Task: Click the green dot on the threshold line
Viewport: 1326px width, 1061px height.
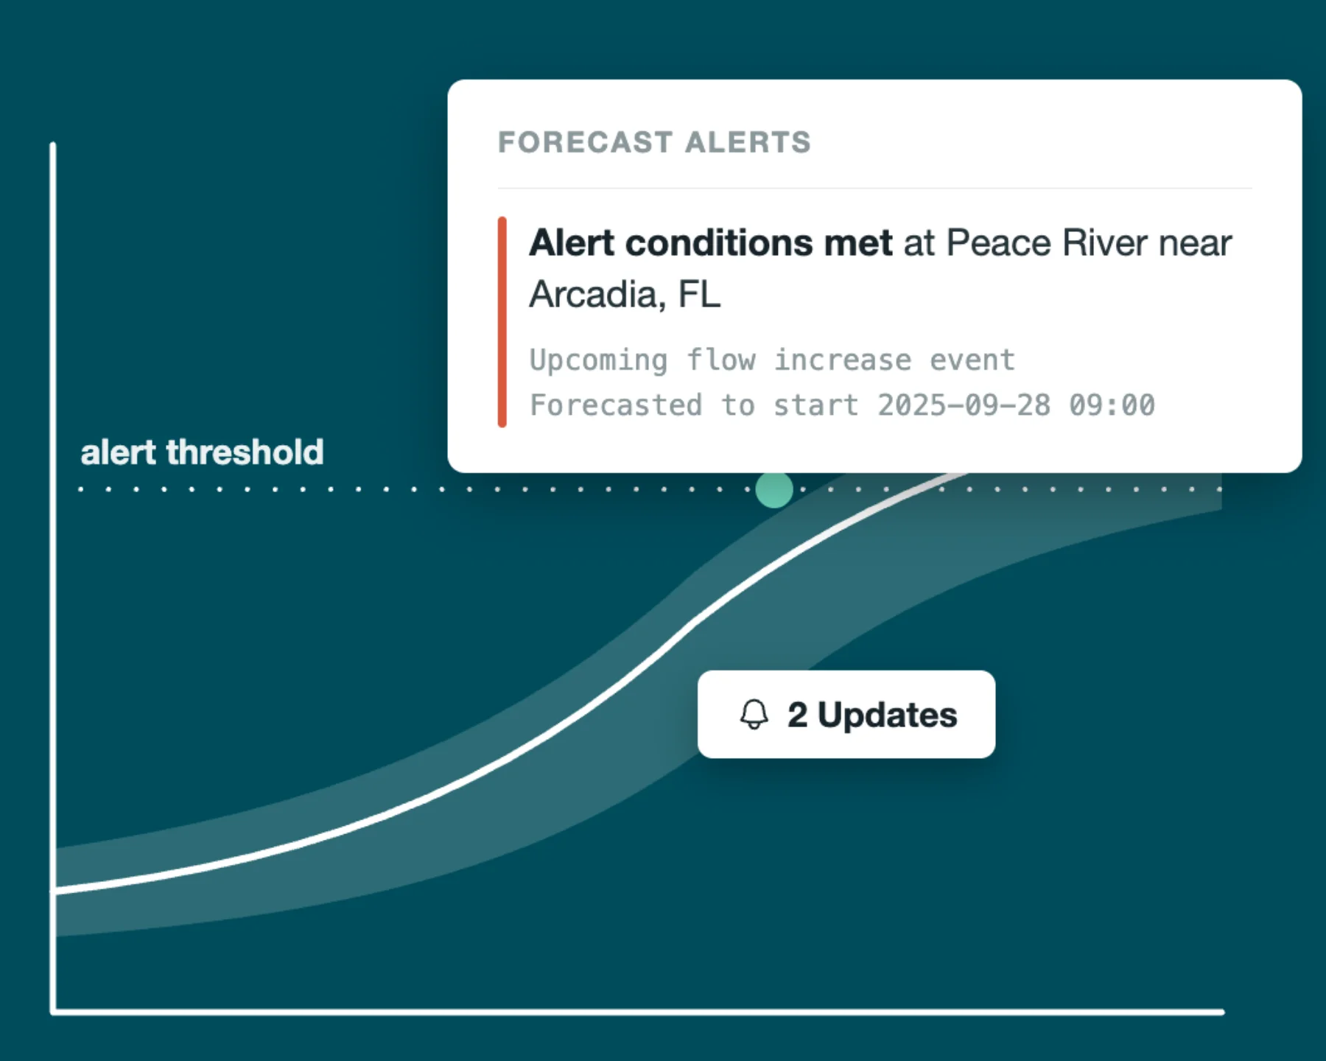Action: (774, 489)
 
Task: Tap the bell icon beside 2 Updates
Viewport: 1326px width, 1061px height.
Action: (754, 715)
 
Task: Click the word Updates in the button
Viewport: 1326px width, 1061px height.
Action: (888, 715)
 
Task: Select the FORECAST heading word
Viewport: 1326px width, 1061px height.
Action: (586, 142)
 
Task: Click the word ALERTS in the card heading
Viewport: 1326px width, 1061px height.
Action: (748, 142)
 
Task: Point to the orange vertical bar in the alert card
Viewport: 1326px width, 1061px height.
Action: (502, 322)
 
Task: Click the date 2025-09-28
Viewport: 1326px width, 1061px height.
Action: (964, 405)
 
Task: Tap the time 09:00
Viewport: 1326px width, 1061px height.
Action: (1112, 405)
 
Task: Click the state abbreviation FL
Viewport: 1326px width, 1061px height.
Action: (699, 294)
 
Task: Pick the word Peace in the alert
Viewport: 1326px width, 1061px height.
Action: (999, 243)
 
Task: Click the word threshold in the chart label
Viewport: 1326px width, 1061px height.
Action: (245, 452)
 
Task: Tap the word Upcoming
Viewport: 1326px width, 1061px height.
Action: (599, 361)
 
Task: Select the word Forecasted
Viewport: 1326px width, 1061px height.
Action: (616, 405)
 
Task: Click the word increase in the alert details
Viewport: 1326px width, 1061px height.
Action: (843, 360)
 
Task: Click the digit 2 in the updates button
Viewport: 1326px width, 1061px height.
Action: (797, 715)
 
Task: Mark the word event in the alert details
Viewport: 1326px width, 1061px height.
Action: (972, 361)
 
